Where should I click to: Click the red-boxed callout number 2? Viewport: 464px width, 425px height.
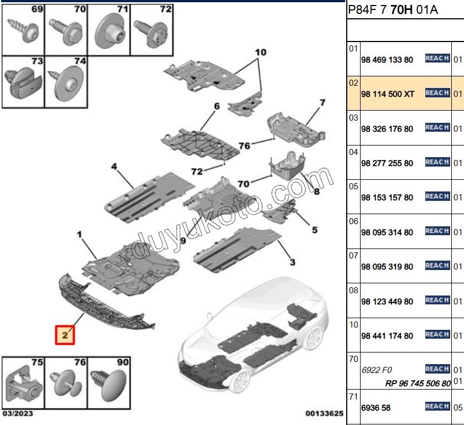(65, 335)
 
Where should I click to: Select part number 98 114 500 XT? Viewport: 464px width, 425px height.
(387, 94)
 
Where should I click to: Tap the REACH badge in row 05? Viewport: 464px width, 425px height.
(437, 196)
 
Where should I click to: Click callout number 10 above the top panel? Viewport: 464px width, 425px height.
(260, 52)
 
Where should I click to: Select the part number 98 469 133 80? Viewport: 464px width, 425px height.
(387, 60)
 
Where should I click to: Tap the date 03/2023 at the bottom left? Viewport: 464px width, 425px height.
(18, 413)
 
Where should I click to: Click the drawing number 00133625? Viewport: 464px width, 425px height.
(324, 413)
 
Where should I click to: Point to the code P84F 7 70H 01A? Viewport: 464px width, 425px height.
(393, 10)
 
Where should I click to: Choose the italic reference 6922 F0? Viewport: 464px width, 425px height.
(377, 370)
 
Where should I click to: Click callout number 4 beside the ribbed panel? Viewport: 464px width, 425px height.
(114, 167)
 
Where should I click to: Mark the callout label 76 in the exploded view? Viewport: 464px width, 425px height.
(244, 146)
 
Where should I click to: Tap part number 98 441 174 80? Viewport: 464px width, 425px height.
(387, 336)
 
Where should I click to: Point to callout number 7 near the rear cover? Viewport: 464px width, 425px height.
(322, 103)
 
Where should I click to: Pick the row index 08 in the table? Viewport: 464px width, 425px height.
(353, 290)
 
